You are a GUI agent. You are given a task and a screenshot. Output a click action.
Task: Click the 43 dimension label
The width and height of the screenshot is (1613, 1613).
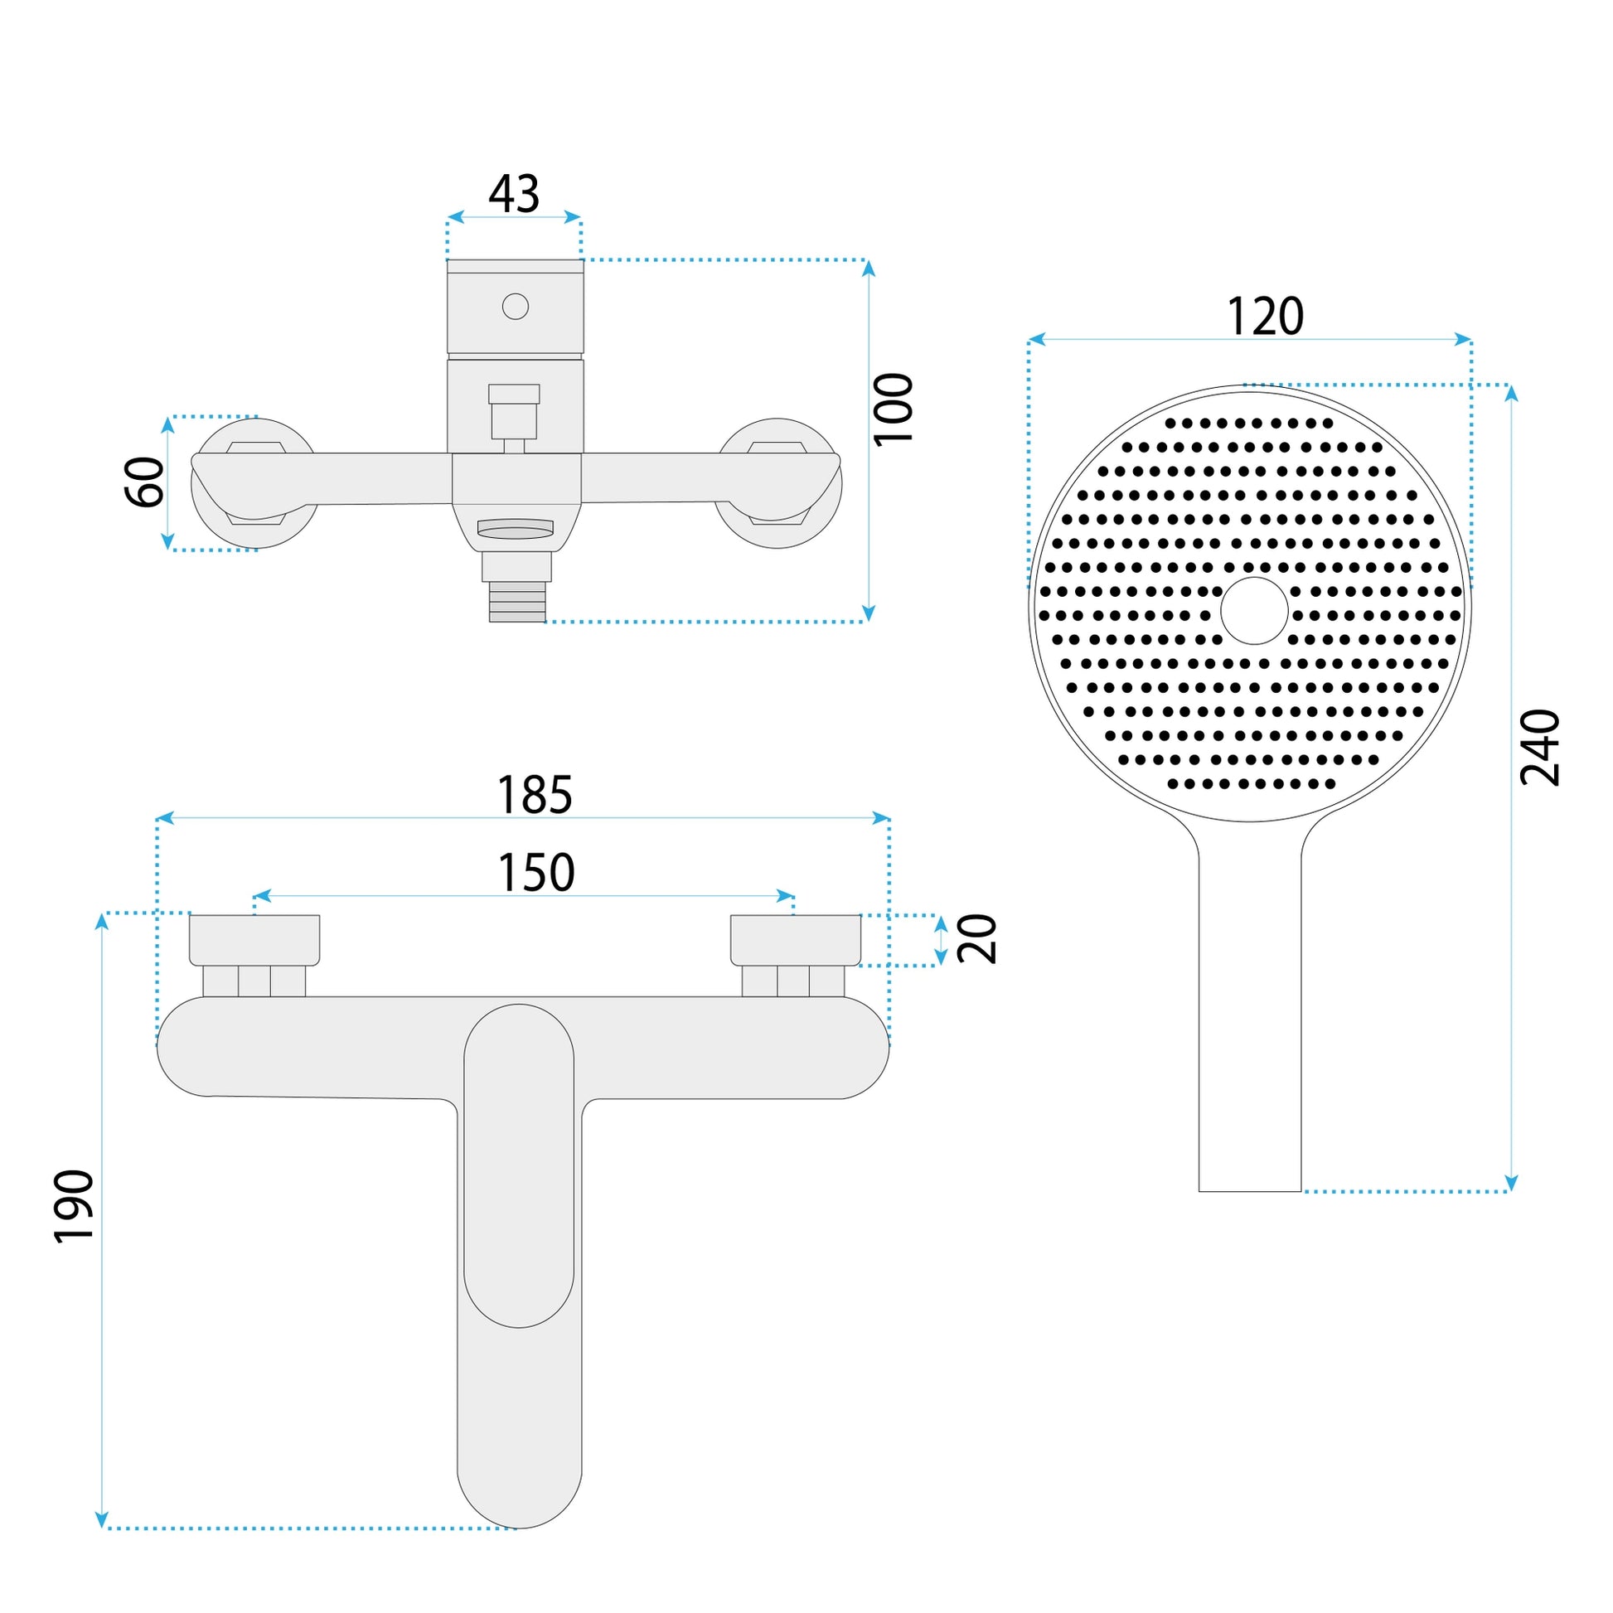point(514,194)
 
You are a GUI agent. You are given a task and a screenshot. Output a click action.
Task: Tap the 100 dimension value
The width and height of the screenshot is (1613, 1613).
point(894,410)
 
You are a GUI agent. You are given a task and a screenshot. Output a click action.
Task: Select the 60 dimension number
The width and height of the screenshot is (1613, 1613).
point(144,482)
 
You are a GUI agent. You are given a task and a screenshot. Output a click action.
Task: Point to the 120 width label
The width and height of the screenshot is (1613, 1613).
point(1265,317)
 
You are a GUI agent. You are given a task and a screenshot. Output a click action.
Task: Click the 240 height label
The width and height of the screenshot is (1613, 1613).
point(1539,748)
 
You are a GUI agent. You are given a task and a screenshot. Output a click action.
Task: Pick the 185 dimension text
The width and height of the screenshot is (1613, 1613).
point(535,795)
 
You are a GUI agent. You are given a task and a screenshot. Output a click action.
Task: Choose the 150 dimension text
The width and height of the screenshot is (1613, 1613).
point(536,873)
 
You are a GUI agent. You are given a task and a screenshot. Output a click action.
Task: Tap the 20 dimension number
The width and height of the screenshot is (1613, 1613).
point(976,939)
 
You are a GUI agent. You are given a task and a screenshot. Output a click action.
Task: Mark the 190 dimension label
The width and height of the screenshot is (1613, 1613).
point(75,1207)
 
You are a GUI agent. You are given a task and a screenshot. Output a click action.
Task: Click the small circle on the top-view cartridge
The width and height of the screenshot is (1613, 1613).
point(515,307)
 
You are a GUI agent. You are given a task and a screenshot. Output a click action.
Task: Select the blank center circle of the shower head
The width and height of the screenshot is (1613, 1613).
point(1254,610)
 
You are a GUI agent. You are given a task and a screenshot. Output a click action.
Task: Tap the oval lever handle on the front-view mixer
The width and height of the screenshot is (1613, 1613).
point(519,1165)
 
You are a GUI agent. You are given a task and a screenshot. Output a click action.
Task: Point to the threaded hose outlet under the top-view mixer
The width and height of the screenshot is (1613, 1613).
point(516,601)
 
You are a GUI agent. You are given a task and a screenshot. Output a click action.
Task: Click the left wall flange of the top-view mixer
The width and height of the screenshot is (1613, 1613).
point(254,483)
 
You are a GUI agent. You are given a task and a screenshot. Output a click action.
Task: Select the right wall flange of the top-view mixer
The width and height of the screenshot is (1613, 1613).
point(778,483)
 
